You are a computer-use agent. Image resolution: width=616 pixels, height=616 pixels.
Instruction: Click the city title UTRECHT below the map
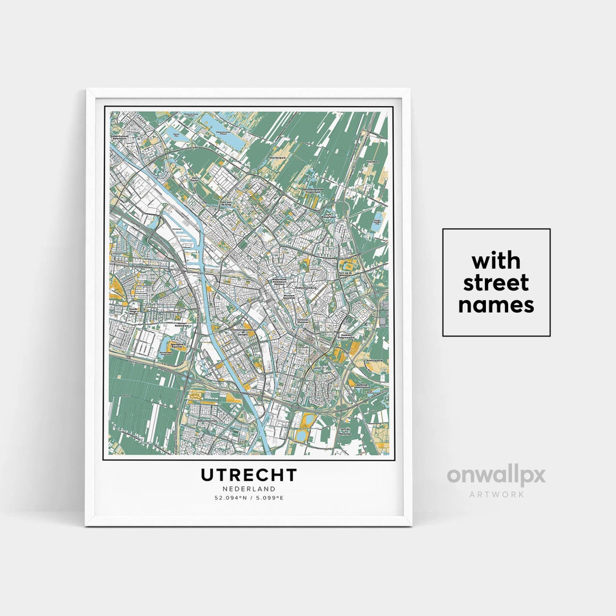tap(249, 475)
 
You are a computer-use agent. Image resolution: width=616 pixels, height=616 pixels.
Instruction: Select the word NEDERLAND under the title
tap(249, 489)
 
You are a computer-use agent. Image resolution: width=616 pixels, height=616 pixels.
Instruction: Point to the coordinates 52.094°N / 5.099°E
tap(249, 498)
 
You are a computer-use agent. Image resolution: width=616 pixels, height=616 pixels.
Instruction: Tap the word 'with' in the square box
tap(496, 261)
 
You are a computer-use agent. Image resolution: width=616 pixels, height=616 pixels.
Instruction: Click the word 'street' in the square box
tap(496, 283)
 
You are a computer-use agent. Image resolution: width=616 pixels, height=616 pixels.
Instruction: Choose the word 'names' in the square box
tap(496, 305)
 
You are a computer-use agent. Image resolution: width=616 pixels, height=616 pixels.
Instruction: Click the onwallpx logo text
tap(496, 475)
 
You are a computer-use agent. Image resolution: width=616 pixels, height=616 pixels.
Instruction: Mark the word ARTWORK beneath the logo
tap(496, 494)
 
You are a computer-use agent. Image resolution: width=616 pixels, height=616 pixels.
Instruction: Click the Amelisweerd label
tap(373, 362)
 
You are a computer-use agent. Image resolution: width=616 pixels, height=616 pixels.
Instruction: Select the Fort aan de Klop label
tap(227, 202)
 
